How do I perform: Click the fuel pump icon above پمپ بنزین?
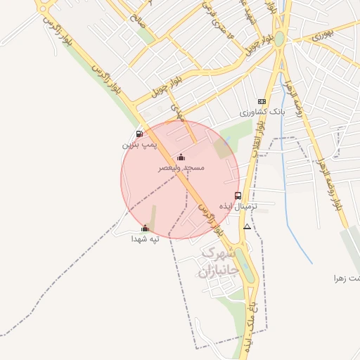coord(139,134)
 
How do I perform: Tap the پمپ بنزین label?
coord(137,144)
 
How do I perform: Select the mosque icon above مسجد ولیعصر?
coord(181,157)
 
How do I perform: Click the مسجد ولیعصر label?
coord(181,168)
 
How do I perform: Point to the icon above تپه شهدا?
coord(145,228)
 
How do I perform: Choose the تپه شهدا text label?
coord(145,238)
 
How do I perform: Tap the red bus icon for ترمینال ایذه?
coord(238,196)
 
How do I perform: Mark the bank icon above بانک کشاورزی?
coord(262,102)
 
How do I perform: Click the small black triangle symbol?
coord(247,227)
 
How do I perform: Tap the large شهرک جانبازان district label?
coord(219,261)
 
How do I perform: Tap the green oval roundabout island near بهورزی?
coord(280,39)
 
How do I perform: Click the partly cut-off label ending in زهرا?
coord(347,278)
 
